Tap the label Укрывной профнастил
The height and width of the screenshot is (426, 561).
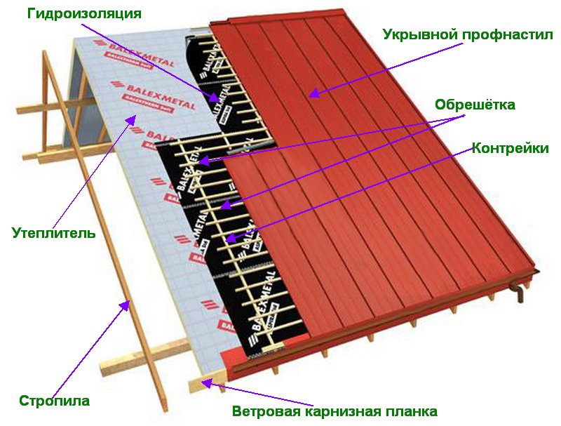coord(468,34)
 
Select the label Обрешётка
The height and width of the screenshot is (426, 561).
coord(475,105)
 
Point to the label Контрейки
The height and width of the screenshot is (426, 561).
coord(510,148)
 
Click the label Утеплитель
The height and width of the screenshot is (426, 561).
coord(53,232)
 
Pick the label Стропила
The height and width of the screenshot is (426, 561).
coord(55,401)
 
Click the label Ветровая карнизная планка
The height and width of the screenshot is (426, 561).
coord(335,411)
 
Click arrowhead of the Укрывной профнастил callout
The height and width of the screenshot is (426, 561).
coord(313,93)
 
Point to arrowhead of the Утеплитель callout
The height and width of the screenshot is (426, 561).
coord(130,120)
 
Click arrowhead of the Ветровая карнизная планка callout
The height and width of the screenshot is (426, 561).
coord(205,382)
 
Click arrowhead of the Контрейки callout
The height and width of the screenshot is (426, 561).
coord(231,239)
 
